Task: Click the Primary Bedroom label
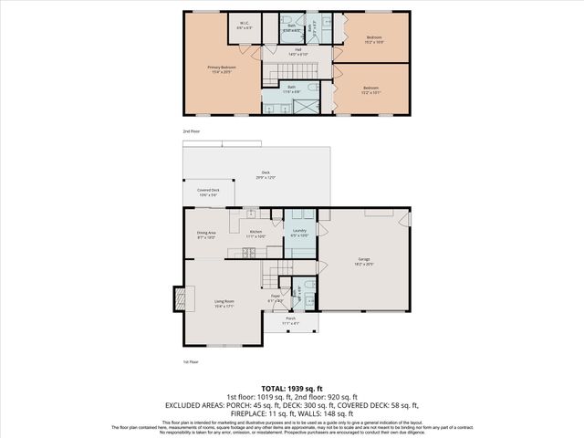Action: pos(220,68)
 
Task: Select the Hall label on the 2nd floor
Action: pos(297,52)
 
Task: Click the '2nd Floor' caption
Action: pos(190,131)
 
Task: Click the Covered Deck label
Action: pos(208,192)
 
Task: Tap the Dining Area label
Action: pos(206,234)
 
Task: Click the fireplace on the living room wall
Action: pos(181,297)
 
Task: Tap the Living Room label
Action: pos(224,303)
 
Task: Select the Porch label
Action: pos(290,319)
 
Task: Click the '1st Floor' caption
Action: pos(190,362)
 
